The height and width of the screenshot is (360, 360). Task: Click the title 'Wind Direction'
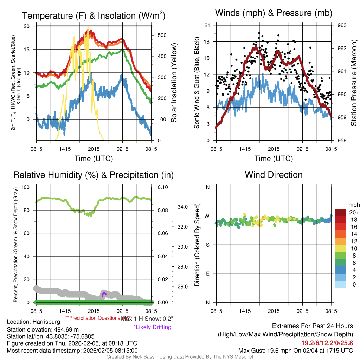[274, 175]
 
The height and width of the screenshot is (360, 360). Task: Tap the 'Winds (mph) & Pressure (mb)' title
[274, 13]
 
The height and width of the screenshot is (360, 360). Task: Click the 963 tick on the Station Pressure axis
[342, 25]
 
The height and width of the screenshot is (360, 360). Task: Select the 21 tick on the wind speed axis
[207, 25]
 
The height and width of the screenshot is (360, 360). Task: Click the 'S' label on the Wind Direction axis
[207, 245]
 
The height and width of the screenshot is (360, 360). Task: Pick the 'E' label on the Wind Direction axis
[207, 274]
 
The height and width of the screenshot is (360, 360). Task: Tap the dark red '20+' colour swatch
[341, 212]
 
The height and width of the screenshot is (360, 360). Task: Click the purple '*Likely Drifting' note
[152, 327]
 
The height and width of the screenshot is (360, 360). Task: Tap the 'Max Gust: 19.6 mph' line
[295, 351]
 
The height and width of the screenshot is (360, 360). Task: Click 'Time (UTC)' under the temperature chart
[94, 159]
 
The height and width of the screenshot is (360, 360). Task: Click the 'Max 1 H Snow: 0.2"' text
[147, 319]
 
